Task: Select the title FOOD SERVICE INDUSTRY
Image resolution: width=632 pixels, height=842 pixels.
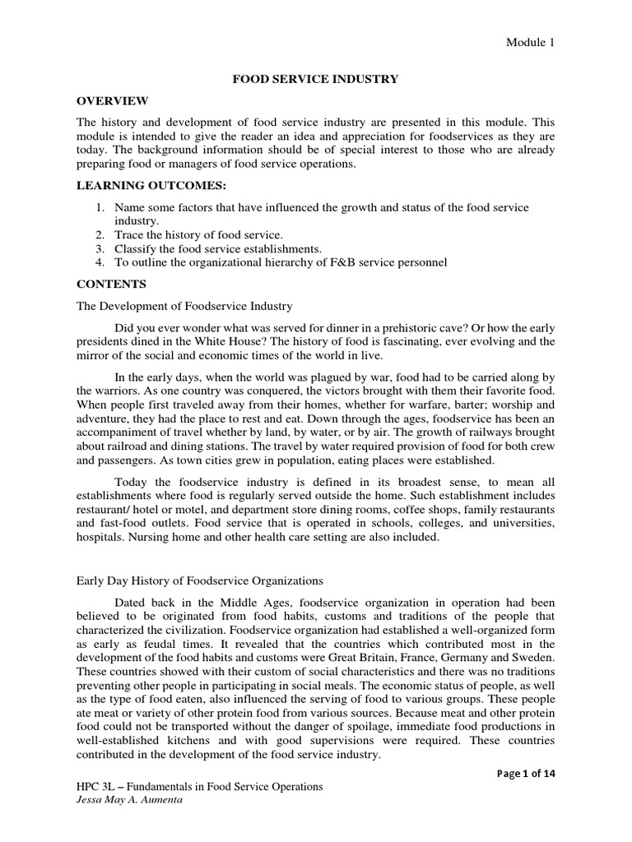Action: tap(315, 79)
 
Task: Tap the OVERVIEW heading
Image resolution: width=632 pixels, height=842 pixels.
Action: tap(112, 100)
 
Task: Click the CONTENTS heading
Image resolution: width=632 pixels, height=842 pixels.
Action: tap(111, 284)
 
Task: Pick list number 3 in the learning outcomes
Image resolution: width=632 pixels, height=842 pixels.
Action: tap(100, 248)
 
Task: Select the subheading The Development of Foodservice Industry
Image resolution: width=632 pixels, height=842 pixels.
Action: tap(184, 306)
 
